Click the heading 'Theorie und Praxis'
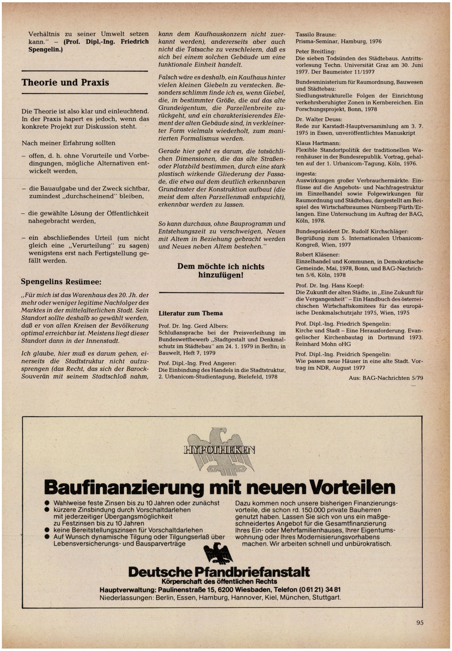[x=65, y=83]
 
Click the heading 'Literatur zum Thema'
[x=191, y=313]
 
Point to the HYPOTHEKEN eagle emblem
[x=219, y=450]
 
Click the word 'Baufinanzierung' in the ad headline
[x=124, y=487]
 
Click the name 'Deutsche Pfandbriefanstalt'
[x=219, y=572]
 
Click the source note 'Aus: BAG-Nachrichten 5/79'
[x=386, y=378]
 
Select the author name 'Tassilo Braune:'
[x=316, y=35]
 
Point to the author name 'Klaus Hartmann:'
[x=318, y=143]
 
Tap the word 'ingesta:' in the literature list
[x=306, y=173]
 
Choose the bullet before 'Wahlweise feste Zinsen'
[x=47, y=503]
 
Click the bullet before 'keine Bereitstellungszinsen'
[x=47, y=530]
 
